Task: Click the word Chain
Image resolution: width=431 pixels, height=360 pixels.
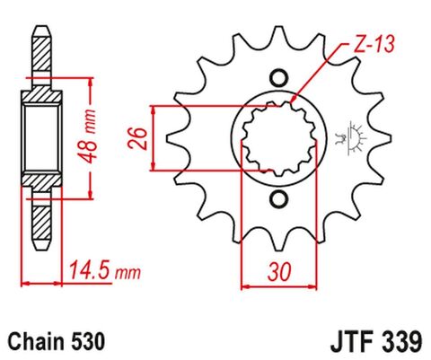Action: (x=34, y=341)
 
